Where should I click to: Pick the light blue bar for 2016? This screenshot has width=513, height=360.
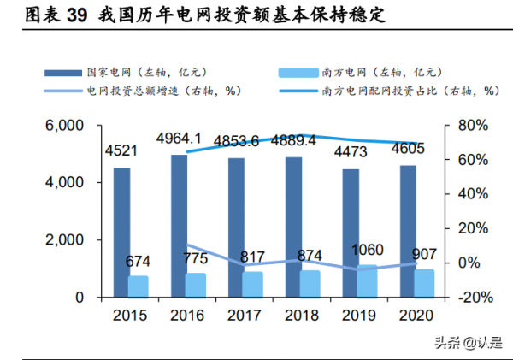[196, 286]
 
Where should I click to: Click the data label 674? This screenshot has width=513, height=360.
[139, 261]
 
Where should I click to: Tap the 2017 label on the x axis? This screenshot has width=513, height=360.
[245, 316]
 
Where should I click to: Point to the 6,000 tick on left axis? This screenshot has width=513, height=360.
[63, 126]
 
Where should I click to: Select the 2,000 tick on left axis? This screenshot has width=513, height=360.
[63, 240]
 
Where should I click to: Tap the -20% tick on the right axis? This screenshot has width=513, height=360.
[469, 298]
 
